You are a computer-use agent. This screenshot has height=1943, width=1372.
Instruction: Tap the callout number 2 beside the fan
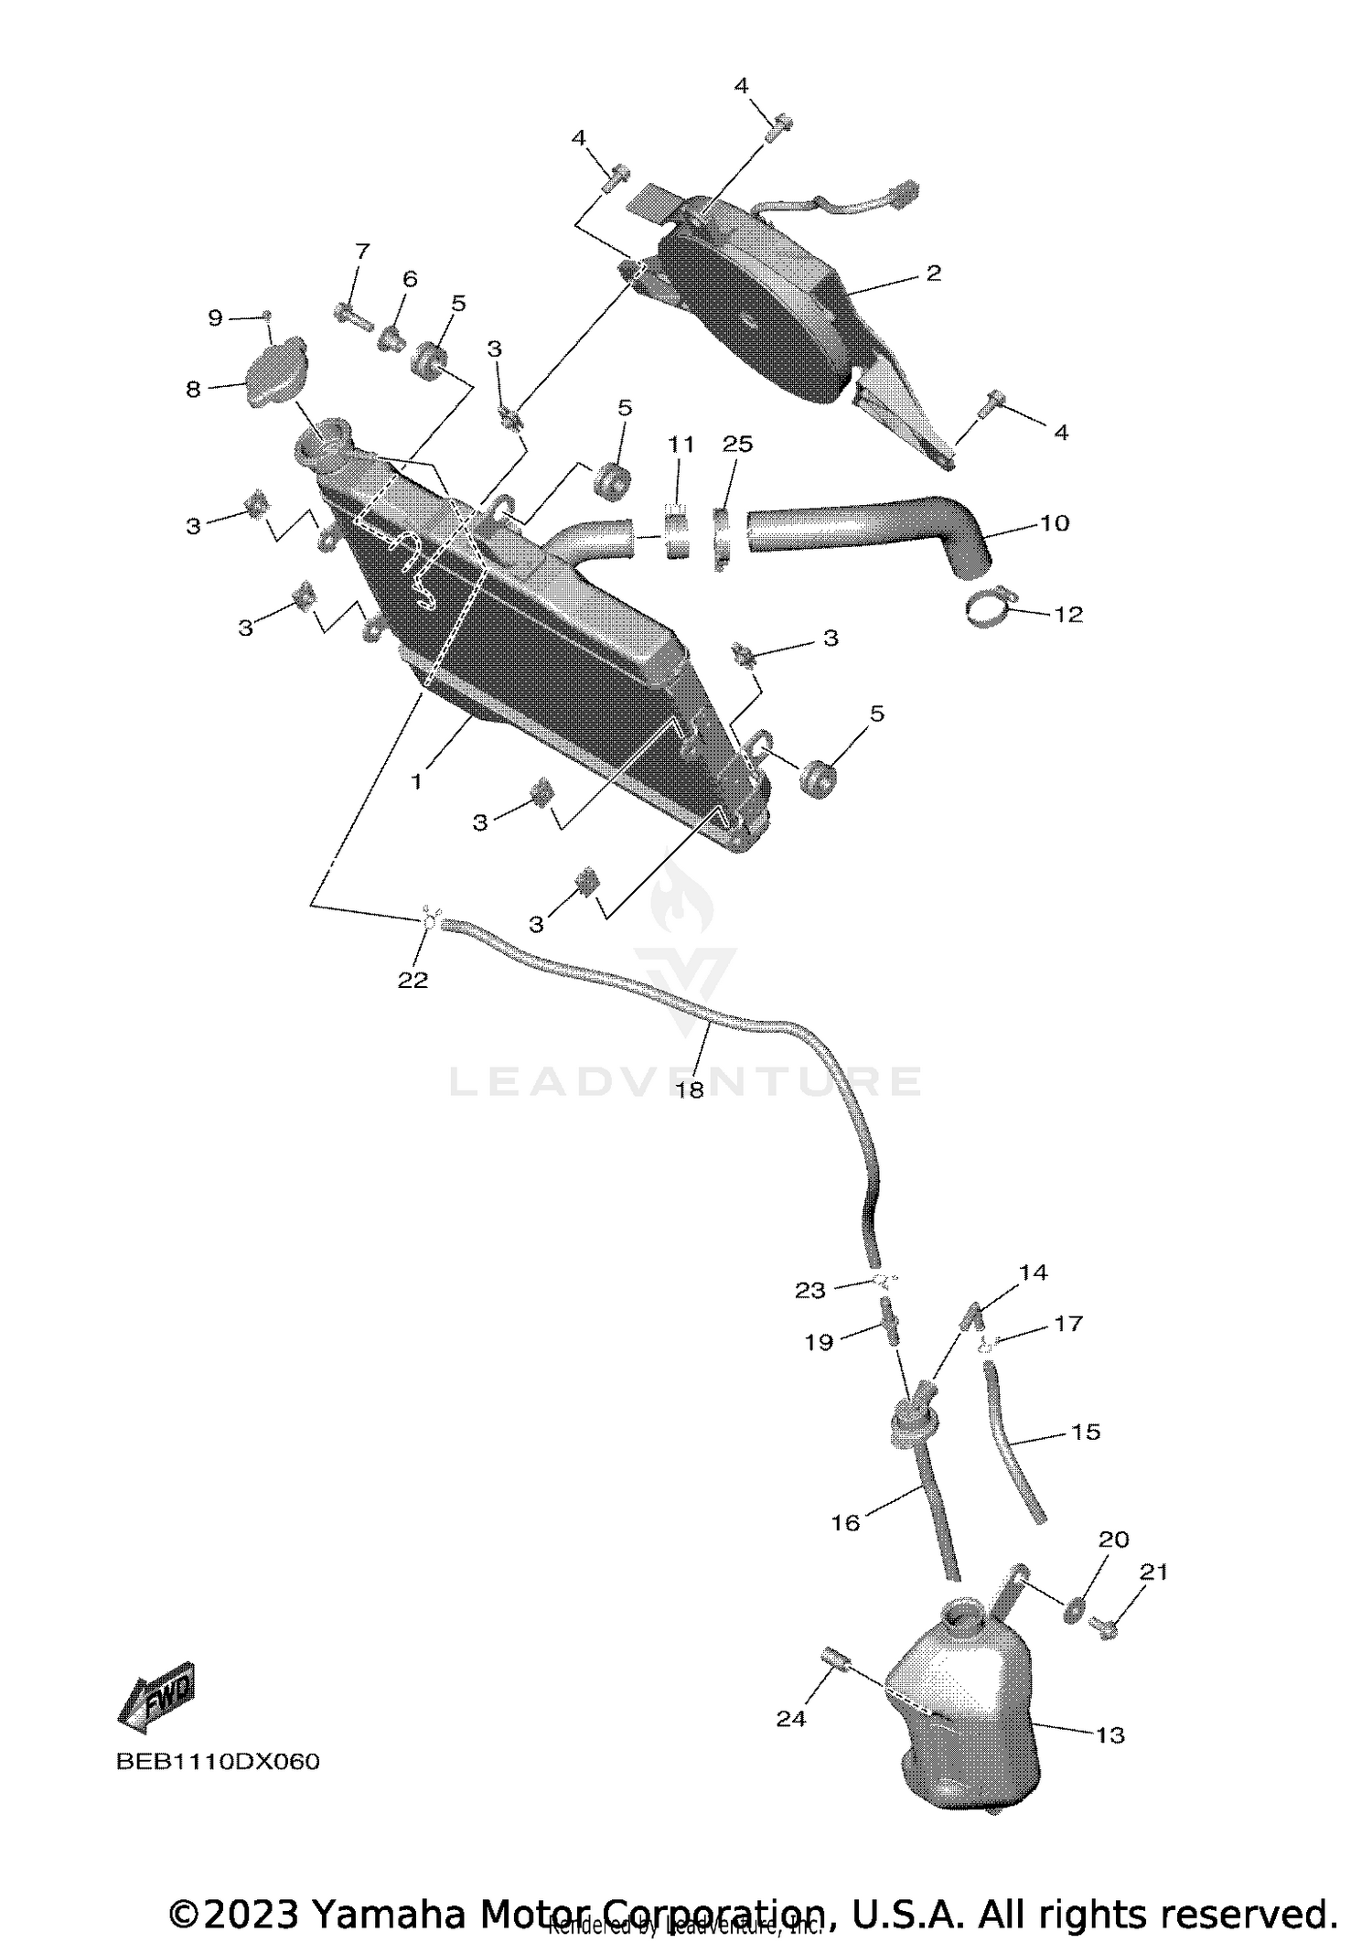coord(933,273)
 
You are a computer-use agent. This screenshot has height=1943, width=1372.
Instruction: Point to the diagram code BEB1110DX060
coord(218,1762)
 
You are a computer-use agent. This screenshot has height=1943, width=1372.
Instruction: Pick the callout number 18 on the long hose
coord(690,1090)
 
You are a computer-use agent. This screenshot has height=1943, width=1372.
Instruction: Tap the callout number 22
coord(413,979)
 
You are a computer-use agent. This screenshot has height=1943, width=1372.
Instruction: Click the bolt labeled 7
coord(352,316)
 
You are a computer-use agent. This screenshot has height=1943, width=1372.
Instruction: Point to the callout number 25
coord(737,444)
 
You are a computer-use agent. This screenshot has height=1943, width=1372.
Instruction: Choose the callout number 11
coord(681,445)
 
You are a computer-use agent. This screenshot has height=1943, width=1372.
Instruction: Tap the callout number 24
coord(791,1719)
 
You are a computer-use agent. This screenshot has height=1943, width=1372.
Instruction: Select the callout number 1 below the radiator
coord(416,782)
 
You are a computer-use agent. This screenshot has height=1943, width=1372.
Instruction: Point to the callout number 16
coord(845,1522)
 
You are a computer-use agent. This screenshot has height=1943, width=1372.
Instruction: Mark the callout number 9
coord(215,317)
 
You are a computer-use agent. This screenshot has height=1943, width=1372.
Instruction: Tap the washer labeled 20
coord(1076,1607)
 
